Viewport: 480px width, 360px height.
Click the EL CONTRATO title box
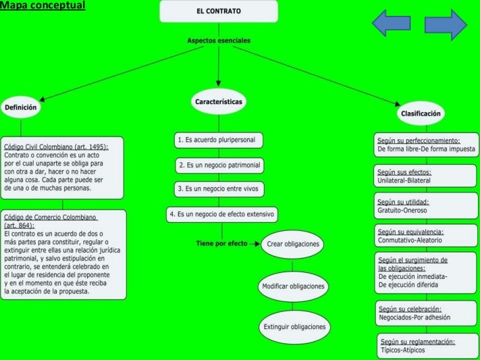[218, 12]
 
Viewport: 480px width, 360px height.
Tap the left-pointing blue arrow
[392, 24]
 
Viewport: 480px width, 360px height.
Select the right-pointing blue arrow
[446, 24]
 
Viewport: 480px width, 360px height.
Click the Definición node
[20, 107]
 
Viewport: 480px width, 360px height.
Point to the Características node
[218, 102]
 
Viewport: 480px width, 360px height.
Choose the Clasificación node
[420, 113]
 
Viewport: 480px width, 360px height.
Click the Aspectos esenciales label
[218, 41]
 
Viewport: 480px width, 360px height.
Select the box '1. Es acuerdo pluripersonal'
[218, 140]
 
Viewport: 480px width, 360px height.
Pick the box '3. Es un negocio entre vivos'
[219, 189]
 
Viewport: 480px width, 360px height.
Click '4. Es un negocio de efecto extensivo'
[222, 214]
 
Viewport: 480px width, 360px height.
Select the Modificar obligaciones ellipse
[293, 287]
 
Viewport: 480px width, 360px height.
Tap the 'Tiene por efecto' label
[221, 243]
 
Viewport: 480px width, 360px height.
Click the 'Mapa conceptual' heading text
[43, 5]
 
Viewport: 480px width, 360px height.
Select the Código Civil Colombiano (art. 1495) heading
[56, 146]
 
